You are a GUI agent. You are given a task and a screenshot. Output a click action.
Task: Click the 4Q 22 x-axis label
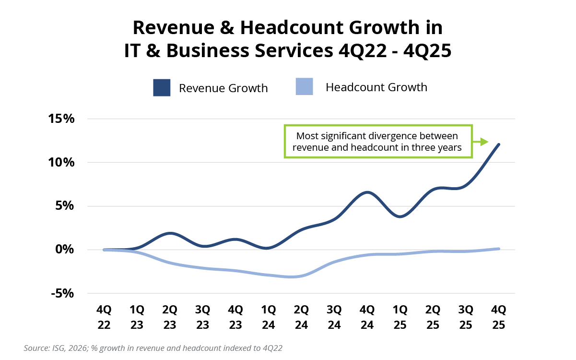[104, 317]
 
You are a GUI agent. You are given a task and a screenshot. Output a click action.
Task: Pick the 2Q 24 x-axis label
[301, 317]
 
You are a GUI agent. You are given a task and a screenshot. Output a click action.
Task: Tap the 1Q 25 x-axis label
[400, 317]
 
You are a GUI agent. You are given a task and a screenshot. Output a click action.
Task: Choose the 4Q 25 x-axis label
[498, 317]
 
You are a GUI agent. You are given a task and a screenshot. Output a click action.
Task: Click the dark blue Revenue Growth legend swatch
[162, 88]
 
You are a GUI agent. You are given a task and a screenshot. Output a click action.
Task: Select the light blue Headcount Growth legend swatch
[305, 87]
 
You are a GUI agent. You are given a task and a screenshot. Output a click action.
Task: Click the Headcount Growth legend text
[376, 87]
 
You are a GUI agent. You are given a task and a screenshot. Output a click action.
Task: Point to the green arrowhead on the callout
[484, 142]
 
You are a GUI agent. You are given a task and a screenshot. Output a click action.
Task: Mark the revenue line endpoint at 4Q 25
[499, 144]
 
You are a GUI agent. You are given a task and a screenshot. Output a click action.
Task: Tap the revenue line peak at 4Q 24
[367, 192]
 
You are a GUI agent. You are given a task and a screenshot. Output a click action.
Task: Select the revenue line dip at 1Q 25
[400, 216]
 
